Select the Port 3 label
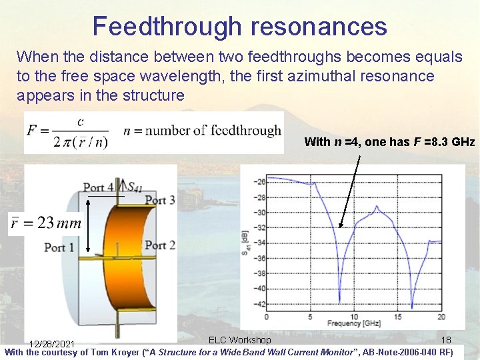[x=160, y=200]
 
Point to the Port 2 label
[x=160, y=245]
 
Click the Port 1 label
[x=59, y=247]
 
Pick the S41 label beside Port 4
[x=134, y=188]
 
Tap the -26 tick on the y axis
[x=260, y=181]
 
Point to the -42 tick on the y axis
[x=260, y=305]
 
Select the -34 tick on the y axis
[x=260, y=243]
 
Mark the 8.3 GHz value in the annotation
[x=452, y=141]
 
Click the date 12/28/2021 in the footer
[x=51, y=344]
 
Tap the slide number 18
[x=447, y=340]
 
